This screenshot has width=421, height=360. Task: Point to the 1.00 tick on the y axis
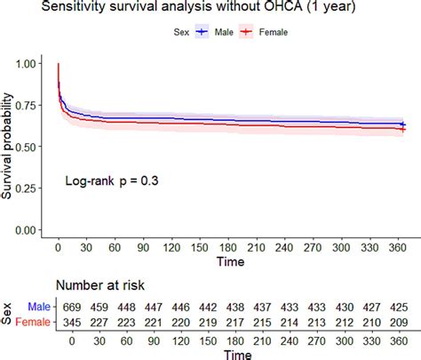(28, 64)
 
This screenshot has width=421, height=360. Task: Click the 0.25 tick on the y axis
(28, 188)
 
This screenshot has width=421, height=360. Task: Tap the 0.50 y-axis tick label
(28, 147)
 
